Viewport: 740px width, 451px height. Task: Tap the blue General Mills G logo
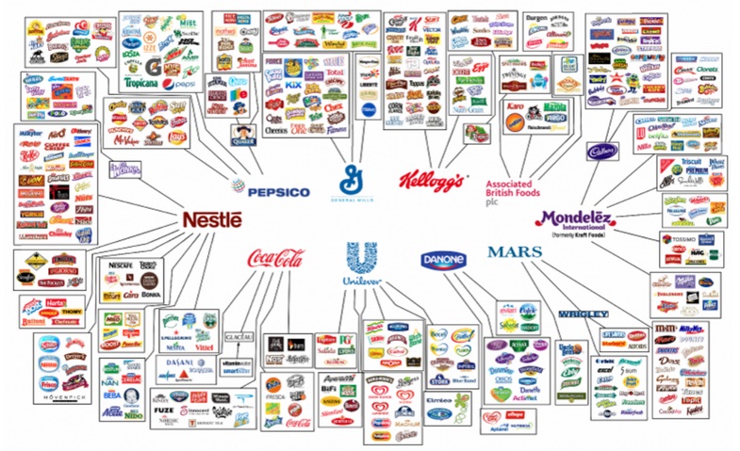point(354,175)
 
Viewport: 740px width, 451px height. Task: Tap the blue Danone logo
point(443,259)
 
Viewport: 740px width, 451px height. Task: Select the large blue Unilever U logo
point(354,260)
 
